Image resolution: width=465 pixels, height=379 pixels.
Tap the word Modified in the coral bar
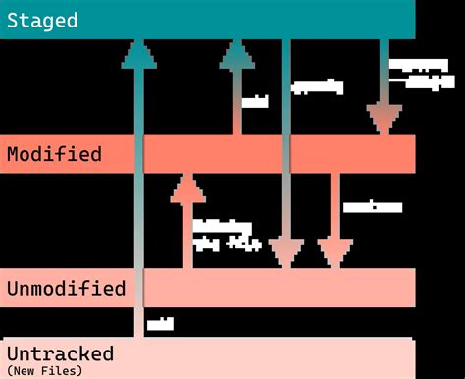click(53, 154)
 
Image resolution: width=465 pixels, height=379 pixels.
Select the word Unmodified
click(66, 289)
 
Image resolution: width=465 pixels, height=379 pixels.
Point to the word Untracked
click(60, 353)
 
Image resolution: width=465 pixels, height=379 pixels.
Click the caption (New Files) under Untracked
click(44, 370)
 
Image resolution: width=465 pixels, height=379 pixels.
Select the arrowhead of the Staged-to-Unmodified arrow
click(285, 251)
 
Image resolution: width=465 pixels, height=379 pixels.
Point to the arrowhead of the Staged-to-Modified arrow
click(384, 118)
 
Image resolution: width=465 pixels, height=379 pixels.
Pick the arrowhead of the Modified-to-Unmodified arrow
click(336, 251)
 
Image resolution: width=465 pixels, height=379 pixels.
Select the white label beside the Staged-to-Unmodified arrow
click(317, 86)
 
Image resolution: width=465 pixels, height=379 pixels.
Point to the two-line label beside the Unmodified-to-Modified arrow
click(226, 235)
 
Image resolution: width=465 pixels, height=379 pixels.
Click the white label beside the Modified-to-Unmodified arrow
click(373, 207)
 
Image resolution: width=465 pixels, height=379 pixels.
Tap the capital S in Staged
click(13, 20)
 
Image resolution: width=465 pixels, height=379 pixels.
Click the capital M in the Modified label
click(13, 154)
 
